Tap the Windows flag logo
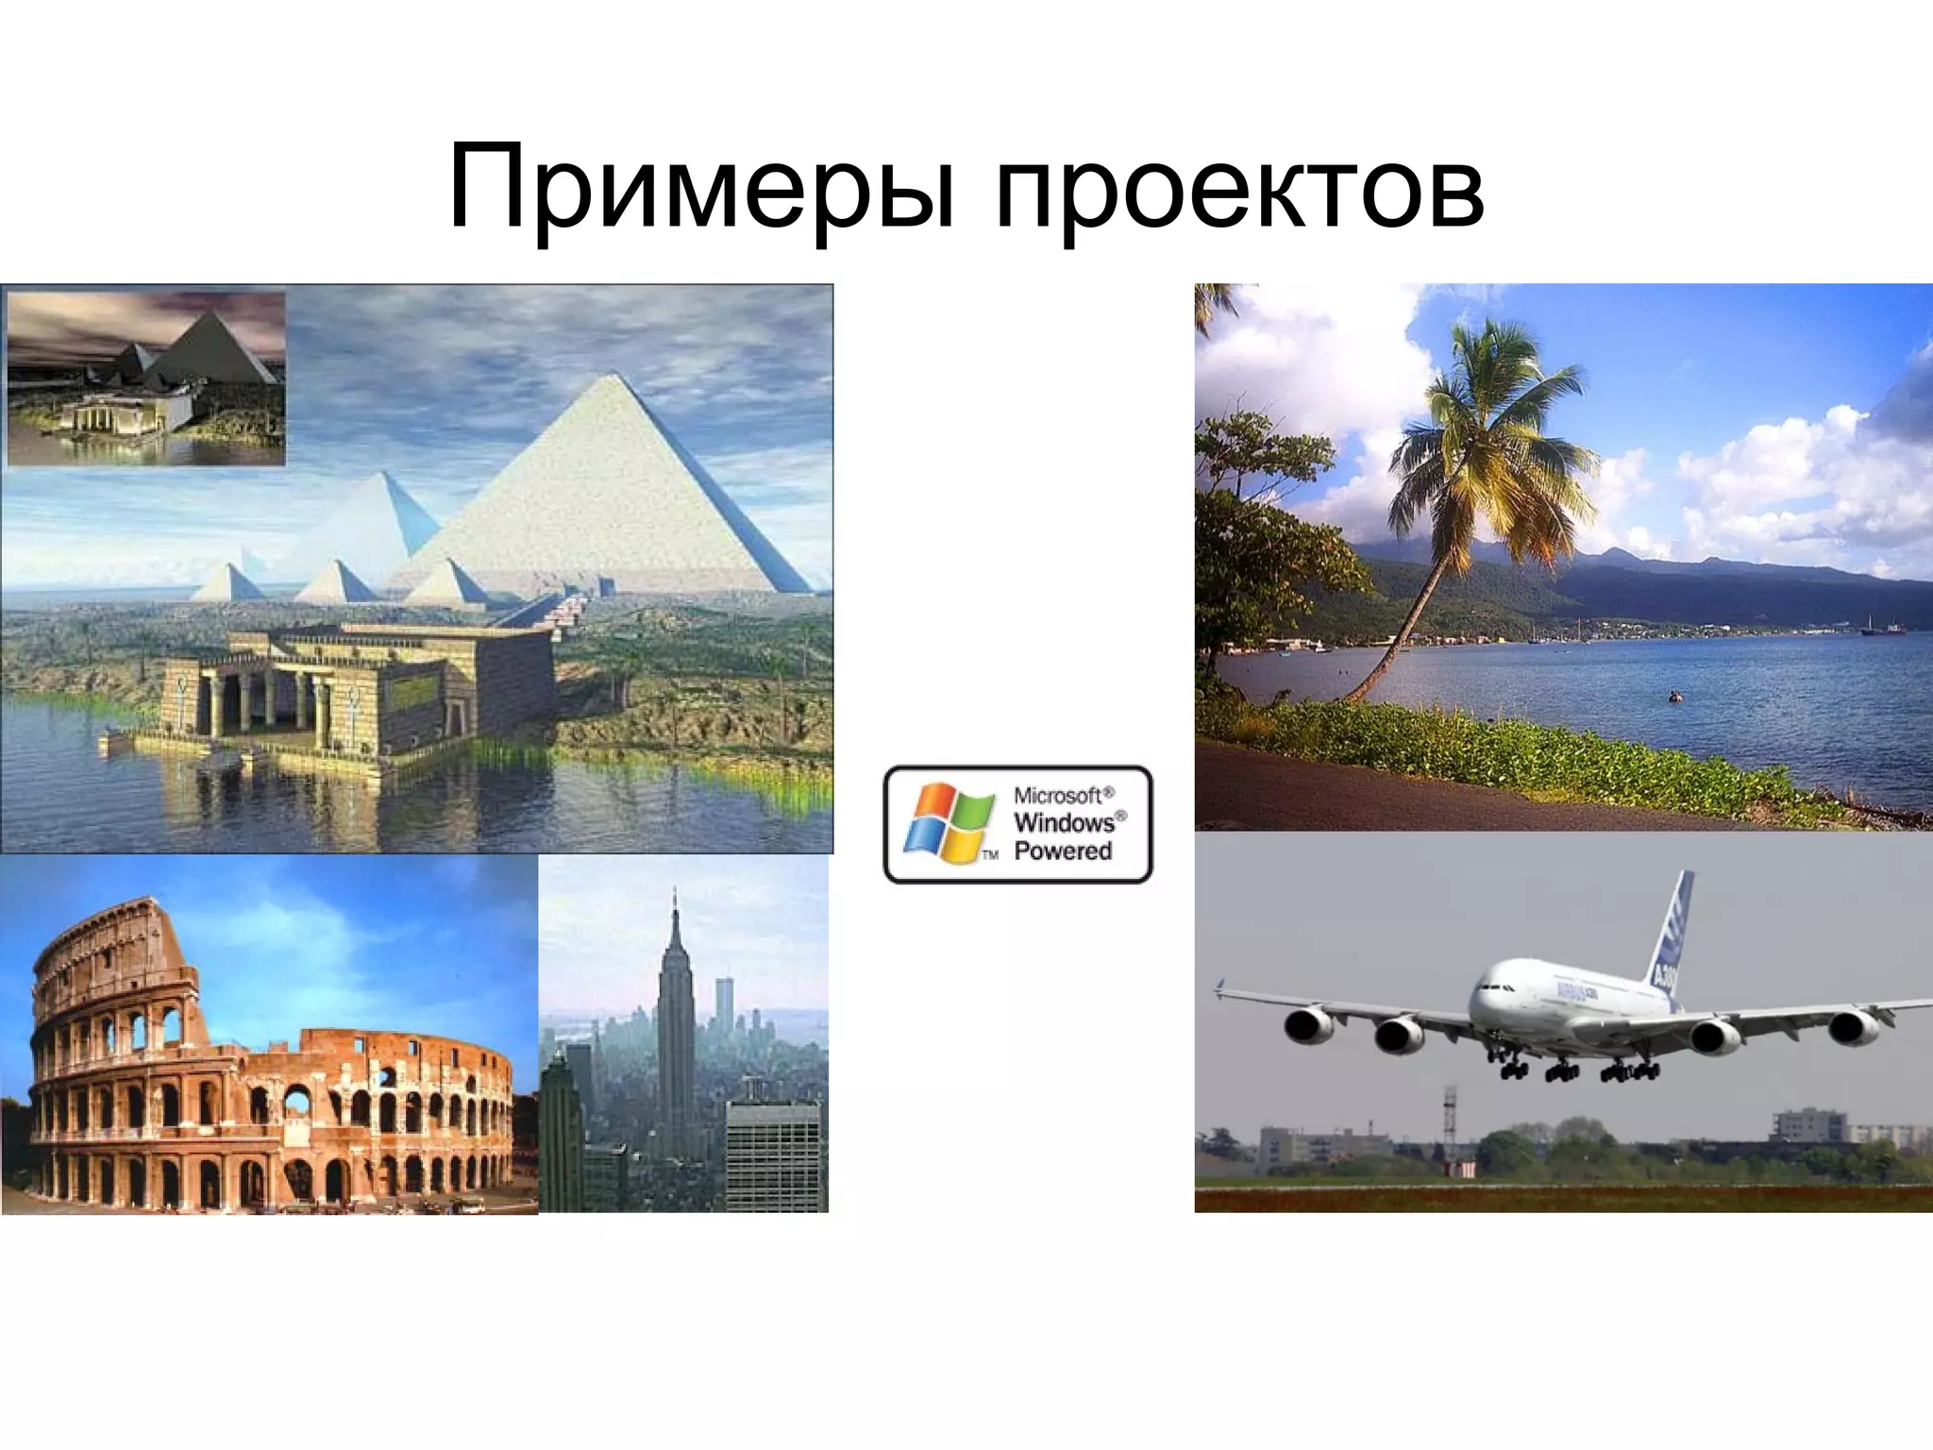pyautogui.click(x=950, y=822)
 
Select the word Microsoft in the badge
pyautogui.click(x=1063, y=796)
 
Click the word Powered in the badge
pyautogui.click(x=1063, y=851)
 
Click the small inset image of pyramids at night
pyautogui.click(x=145, y=378)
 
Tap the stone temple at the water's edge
pyautogui.click(x=359, y=694)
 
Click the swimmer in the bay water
pyautogui.click(x=1675, y=697)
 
